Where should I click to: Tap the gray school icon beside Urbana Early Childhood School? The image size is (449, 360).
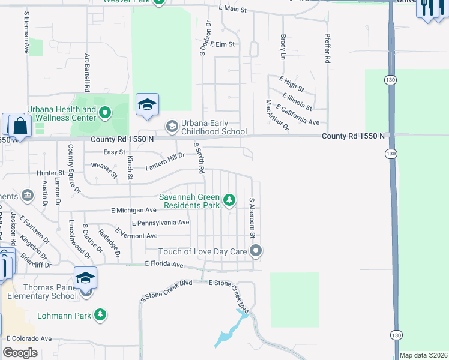tap(172, 125)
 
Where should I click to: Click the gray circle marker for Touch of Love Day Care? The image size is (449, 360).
tap(256, 251)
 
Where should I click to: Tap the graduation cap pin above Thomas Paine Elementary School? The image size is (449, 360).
tap(86, 278)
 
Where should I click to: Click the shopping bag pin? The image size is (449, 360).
tap(20, 127)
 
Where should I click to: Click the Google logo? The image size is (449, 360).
tap(20, 353)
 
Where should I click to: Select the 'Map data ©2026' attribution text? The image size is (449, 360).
tap(423, 355)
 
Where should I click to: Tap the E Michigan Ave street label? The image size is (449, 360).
tap(133, 210)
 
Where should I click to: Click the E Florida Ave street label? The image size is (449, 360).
tap(164, 264)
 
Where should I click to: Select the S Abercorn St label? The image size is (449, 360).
tap(252, 213)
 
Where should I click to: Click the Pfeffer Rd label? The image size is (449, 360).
tap(328, 49)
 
